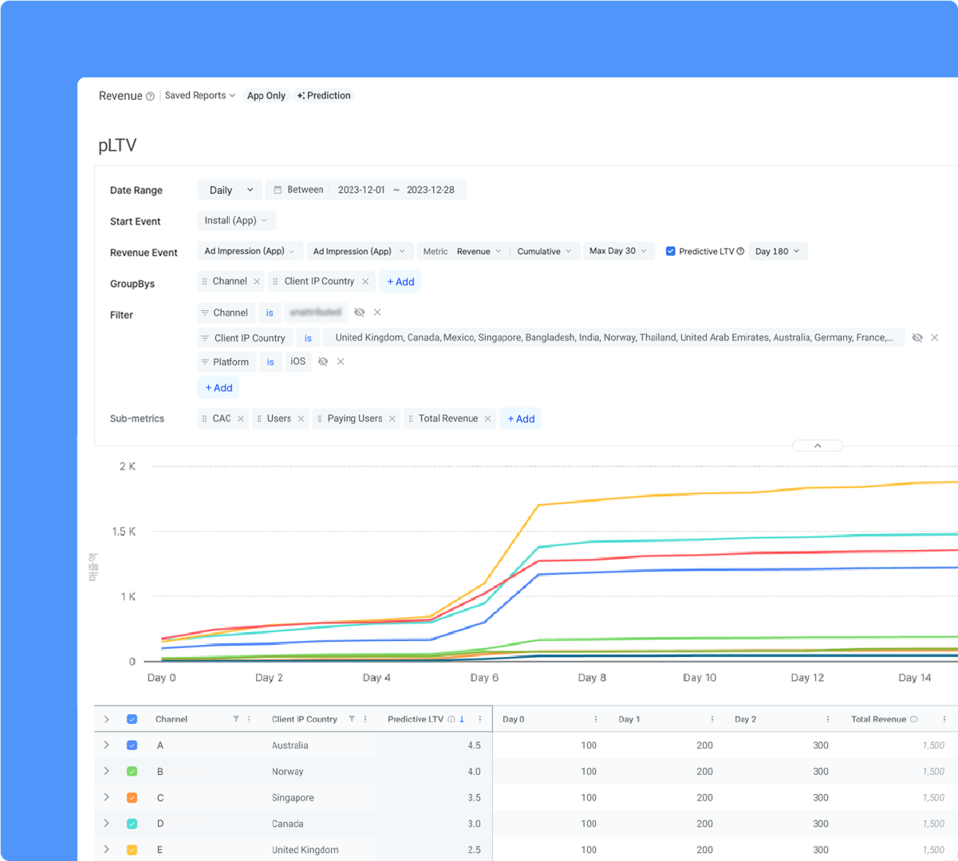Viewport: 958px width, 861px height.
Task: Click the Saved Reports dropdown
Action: pyautogui.click(x=199, y=96)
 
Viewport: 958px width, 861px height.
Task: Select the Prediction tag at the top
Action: pyautogui.click(x=324, y=96)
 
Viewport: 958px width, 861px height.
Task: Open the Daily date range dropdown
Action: pyautogui.click(x=230, y=190)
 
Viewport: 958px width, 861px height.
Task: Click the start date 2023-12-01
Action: pyautogui.click(x=361, y=190)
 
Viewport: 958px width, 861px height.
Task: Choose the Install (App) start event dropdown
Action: pyautogui.click(x=236, y=221)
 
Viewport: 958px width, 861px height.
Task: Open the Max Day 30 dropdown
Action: pyautogui.click(x=618, y=251)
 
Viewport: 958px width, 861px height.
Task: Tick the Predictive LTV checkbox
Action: pyautogui.click(x=671, y=251)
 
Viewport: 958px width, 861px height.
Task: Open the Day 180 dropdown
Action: pyautogui.click(x=778, y=251)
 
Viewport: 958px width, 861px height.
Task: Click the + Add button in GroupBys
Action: pyautogui.click(x=400, y=281)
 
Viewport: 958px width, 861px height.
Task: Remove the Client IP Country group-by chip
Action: pyautogui.click(x=365, y=281)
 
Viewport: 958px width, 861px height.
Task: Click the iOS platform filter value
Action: pyautogui.click(x=298, y=361)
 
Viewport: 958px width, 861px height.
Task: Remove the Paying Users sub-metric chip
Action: pyautogui.click(x=392, y=419)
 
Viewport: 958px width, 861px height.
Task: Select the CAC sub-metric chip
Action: pyautogui.click(x=221, y=419)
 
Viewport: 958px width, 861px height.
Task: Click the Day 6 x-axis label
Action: pyautogui.click(x=484, y=678)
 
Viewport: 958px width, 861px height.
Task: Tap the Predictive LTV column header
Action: pyautogui.click(x=415, y=719)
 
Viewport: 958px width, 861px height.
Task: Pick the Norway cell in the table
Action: pyautogui.click(x=287, y=772)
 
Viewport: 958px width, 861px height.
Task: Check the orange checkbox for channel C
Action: pyautogui.click(x=132, y=798)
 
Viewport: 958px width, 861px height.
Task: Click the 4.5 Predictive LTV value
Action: pyautogui.click(x=474, y=745)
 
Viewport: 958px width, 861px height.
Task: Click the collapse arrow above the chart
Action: pyautogui.click(x=818, y=446)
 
